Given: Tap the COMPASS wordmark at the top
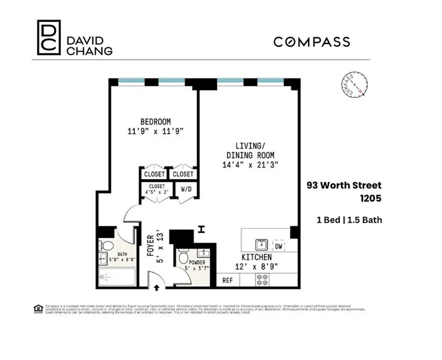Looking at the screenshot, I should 312,42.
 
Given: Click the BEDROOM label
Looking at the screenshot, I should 155,122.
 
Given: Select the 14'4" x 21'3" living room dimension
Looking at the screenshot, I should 250,165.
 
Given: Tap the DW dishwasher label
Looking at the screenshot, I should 278,247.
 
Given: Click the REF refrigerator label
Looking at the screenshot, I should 228,280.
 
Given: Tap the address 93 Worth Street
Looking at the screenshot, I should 344,185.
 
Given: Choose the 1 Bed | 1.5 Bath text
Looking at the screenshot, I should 349,220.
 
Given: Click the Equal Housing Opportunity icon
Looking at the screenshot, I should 38,309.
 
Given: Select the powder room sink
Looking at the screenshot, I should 203,253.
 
